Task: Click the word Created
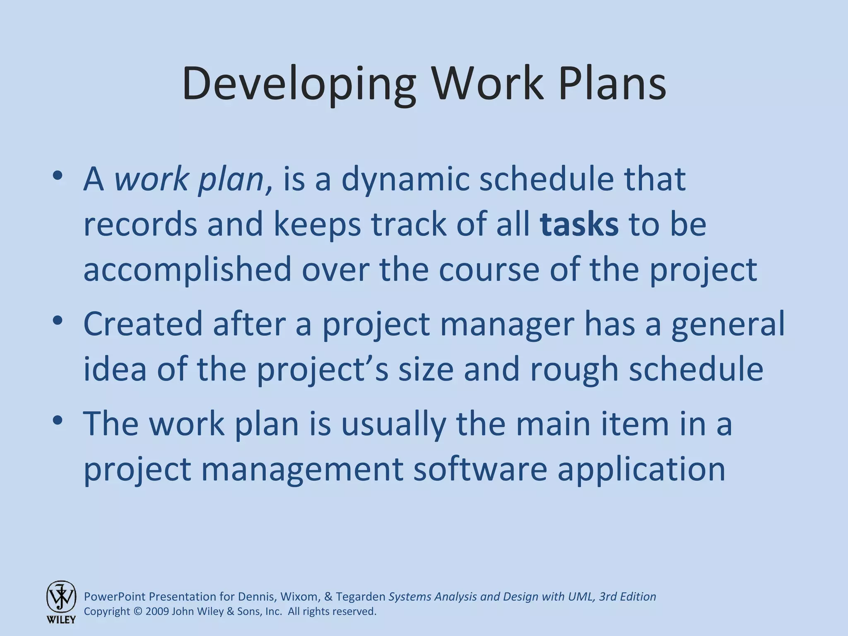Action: tap(143, 323)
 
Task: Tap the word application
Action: tap(641, 470)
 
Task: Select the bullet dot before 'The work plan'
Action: tap(58, 420)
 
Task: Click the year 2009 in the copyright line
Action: tap(157, 612)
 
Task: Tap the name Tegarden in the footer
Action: tap(360, 597)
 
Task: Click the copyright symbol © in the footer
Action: tap(138, 612)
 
